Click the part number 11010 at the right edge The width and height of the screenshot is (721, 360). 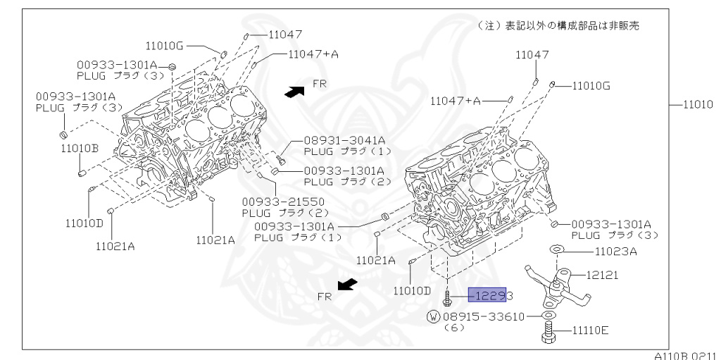[698, 104]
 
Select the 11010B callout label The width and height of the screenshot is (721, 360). [79, 148]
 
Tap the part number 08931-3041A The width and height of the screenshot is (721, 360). [344, 140]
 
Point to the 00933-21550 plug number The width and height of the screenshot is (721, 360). [275, 201]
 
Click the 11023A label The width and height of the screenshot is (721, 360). [615, 250]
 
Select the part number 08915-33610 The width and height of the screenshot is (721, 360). [486, 316]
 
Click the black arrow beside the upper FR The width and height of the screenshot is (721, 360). [294, 90]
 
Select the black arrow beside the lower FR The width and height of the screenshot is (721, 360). [346, 285]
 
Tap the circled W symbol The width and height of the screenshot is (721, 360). [434, 316]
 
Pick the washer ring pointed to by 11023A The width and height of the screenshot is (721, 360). [555, 249]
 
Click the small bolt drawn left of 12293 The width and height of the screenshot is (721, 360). [449, 297]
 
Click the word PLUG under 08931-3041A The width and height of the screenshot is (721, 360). [318, 151]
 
